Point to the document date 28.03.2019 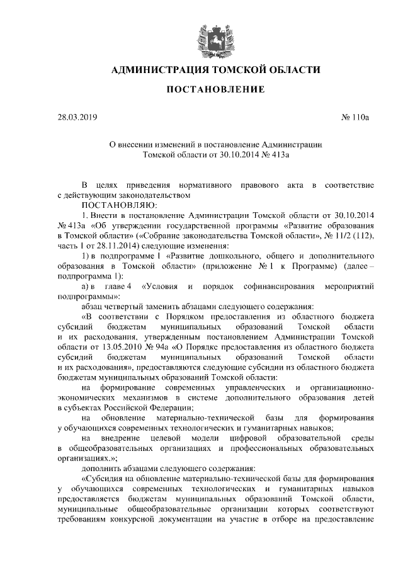tap(73, 117)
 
